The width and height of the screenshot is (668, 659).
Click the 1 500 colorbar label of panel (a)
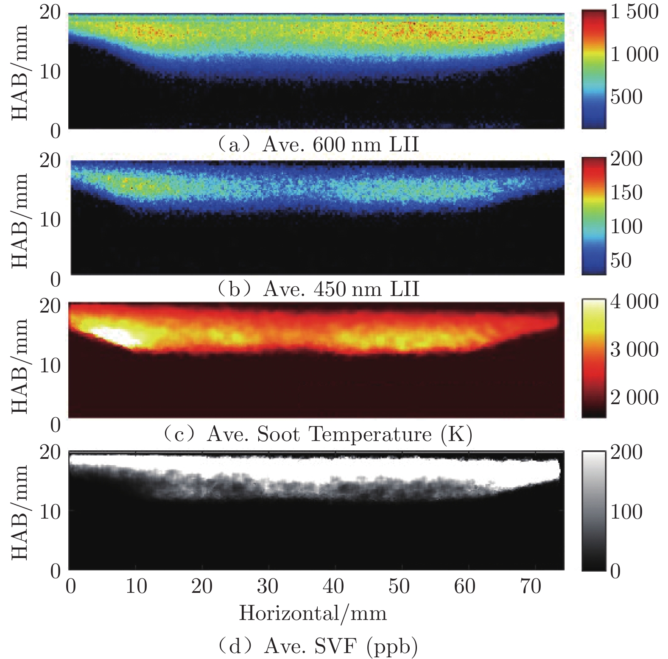tap(634, 11)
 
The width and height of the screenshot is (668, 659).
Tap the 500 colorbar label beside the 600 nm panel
tap(626, 97)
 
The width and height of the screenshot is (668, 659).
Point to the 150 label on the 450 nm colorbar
tap(626, 193)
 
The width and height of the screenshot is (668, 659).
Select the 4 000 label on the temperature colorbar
tap(634, 302)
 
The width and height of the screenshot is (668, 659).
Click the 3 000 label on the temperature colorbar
tap(634, 349)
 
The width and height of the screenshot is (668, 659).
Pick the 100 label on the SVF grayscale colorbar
tap(626, 512)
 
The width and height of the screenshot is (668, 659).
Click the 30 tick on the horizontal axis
tap(268, 586)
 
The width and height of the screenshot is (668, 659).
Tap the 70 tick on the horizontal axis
tap(530, 586)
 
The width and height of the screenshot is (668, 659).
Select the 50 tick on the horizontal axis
tap(399, 586)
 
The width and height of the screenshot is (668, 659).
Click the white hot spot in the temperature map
tap(115, 335)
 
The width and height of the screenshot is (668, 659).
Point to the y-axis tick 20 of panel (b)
tap(50, 160)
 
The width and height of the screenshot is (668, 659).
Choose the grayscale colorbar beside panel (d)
tap(594, 511)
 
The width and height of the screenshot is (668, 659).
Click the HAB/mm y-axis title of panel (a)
tap(19, 72)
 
